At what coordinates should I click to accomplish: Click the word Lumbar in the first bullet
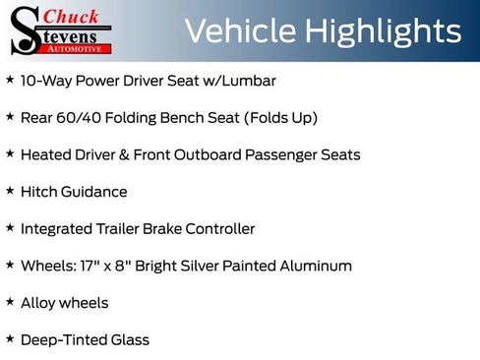(249, 80)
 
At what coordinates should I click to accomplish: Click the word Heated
(45, 154)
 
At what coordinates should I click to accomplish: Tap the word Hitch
(38, 192)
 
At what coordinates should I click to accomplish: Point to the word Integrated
(58, 229)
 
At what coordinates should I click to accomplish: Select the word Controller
(218, 229)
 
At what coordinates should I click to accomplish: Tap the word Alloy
(38, 303)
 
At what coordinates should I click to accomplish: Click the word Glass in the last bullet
(129, 340)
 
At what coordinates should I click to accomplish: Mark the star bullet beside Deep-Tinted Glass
(9, 338)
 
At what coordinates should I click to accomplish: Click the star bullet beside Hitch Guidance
(9, 190)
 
